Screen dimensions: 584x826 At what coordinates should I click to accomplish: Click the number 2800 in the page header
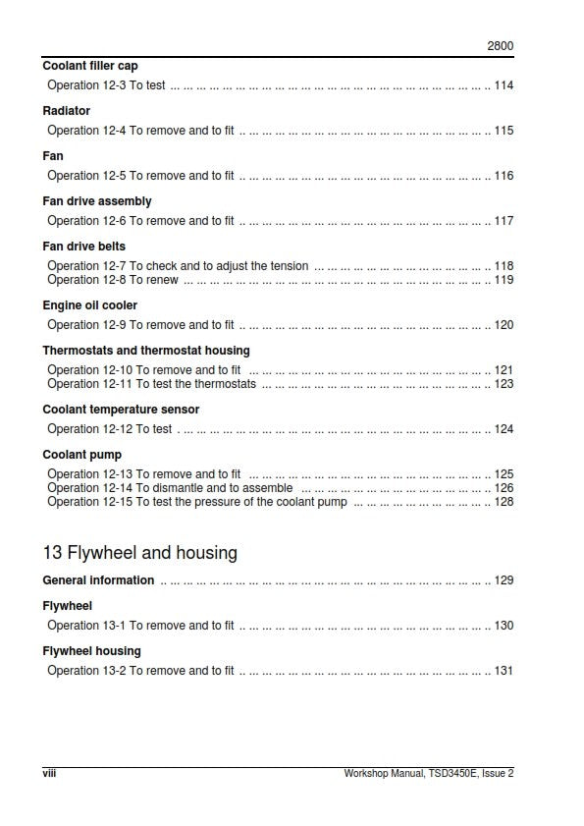click(x=501, y=46)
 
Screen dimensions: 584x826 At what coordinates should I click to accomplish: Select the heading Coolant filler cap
click(x=89, y=66)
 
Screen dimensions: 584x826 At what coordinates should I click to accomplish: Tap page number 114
click(x=504, y=85)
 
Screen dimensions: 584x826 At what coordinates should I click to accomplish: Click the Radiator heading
click(x=66, y=111)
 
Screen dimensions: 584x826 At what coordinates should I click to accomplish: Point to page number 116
click(x=504, y=176)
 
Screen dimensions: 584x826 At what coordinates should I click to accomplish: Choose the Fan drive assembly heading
click(x=96, y=201)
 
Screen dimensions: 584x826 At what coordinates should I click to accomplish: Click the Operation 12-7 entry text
click(x=178, y=266)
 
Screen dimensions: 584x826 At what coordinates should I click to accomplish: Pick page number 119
click(x=504, y=280)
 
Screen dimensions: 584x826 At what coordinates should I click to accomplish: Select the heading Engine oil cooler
click(x=89, y=305)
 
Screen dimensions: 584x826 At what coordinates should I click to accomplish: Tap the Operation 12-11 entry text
click(x=151, y=384)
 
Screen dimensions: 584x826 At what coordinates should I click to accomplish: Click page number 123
click(x=504, y=384)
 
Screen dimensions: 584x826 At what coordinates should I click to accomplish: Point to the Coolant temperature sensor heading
click(x=121, y=410)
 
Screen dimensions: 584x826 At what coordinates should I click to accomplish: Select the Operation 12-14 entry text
click(x=170, y=488)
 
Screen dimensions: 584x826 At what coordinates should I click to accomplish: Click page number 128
click(x=504, y=502)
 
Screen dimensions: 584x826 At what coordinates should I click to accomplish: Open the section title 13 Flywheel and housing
click(x=139, y=553)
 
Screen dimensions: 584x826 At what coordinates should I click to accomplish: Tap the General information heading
click(x=98, y=580)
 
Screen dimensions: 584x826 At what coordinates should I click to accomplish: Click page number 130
click(x=504, y=626)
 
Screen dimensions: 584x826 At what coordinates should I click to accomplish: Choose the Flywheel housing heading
click(x=91, y=651)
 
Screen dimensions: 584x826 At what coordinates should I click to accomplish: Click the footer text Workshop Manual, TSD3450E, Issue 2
click(x=428, y=773)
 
